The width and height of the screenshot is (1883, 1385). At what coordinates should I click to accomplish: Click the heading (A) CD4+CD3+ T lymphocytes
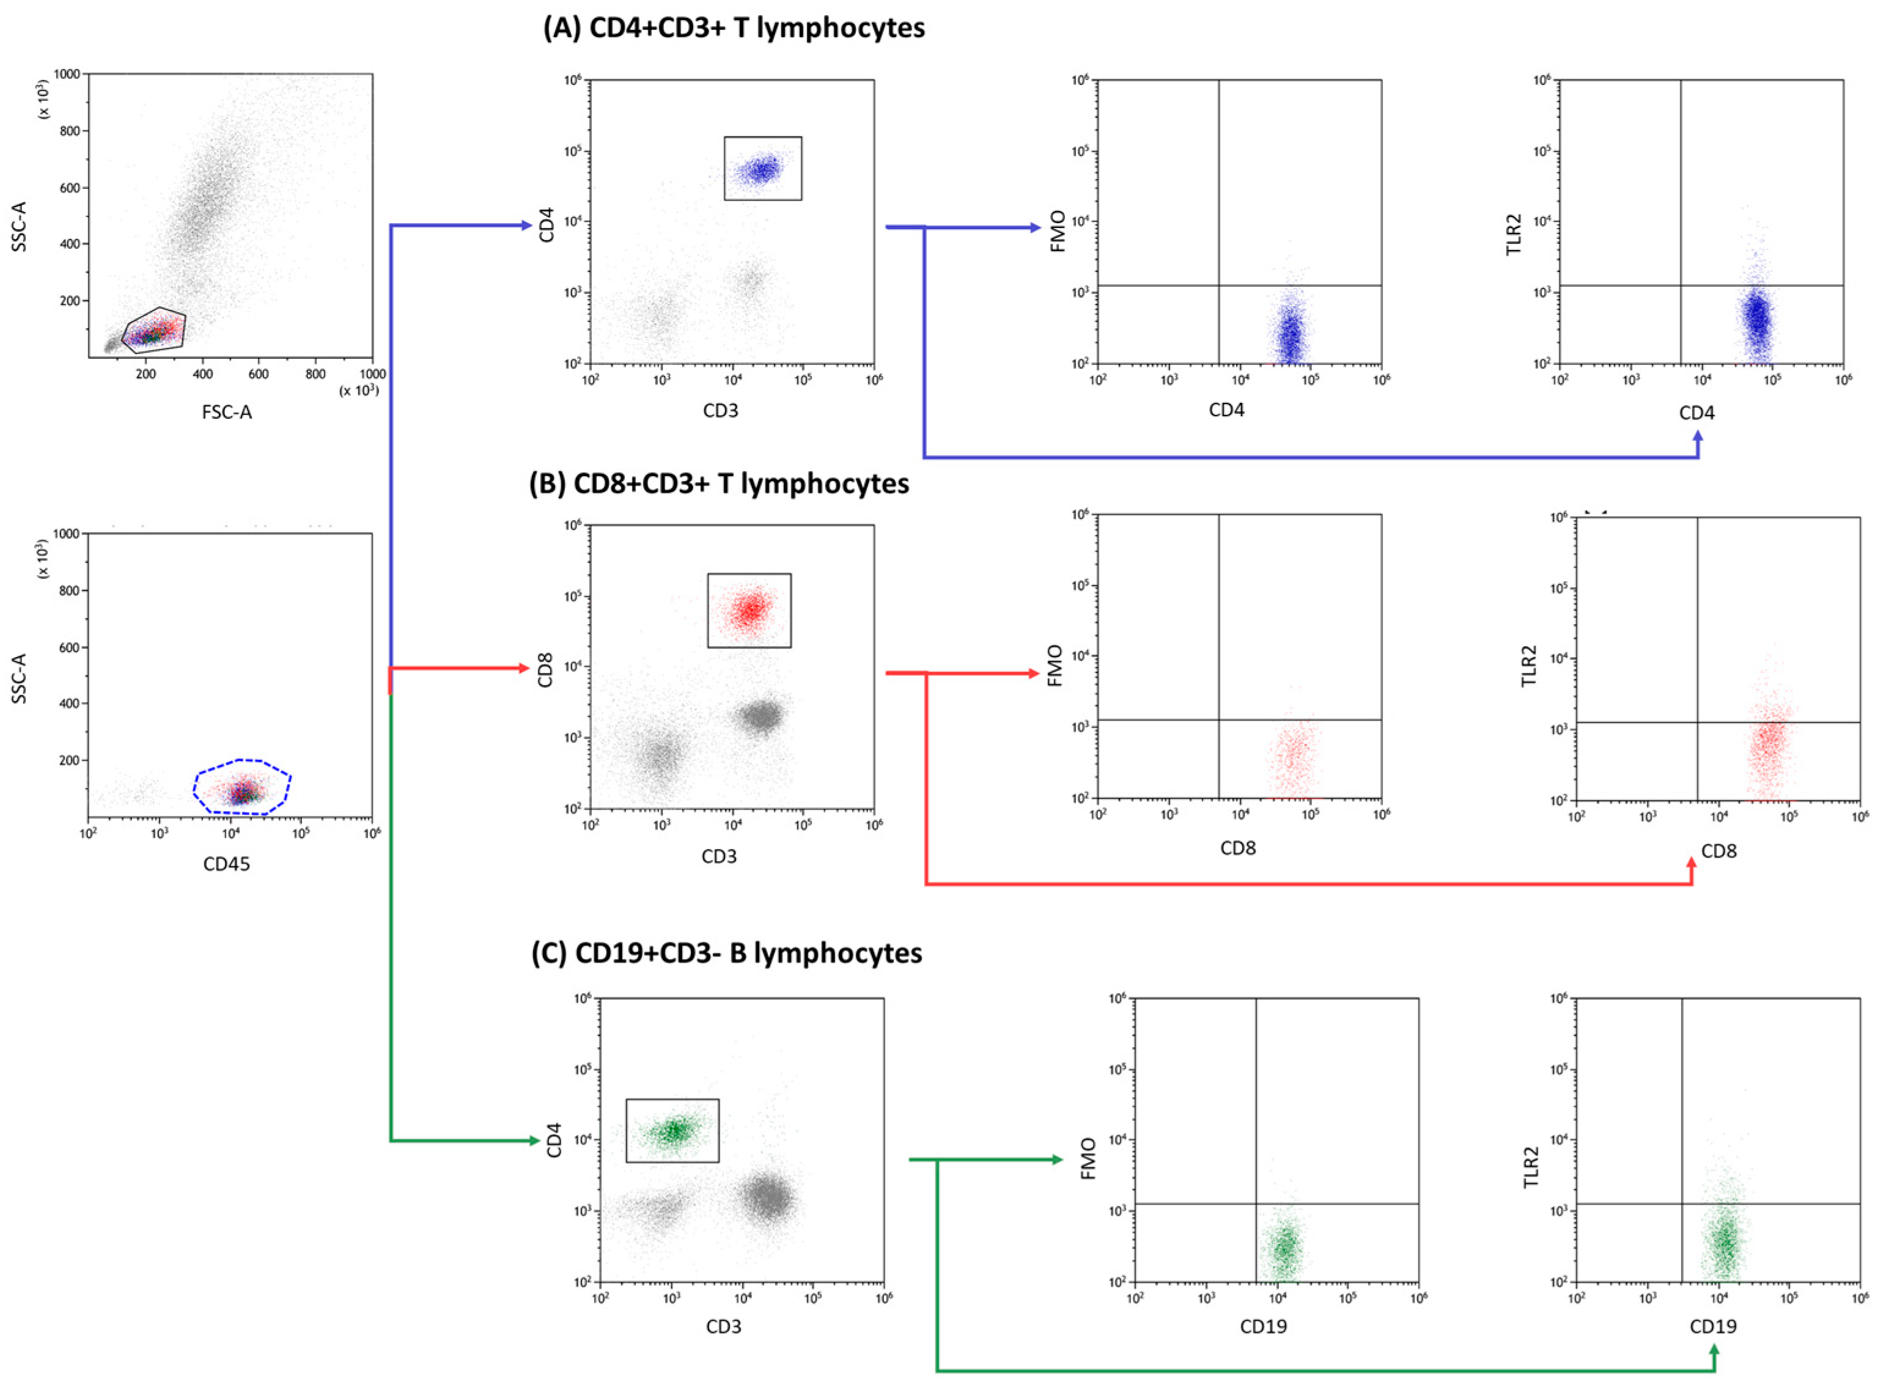point(734,28)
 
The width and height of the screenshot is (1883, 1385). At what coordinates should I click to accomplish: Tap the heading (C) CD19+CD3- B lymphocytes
point(726,953)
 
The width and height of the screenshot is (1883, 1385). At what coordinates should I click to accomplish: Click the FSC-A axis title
point(226,411)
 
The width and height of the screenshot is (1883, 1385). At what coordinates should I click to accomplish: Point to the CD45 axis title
point(226,864)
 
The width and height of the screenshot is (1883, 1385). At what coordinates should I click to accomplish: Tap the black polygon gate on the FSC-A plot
point(154,312)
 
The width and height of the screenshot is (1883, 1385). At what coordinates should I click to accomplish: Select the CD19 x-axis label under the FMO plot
point(1264,1326)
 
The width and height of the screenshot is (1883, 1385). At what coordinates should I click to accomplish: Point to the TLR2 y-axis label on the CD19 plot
point(1531,1166)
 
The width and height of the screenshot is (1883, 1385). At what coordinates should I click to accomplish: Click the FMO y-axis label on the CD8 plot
point(1056,666)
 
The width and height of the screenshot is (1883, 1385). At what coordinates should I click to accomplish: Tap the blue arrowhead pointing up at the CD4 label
point(1698,438)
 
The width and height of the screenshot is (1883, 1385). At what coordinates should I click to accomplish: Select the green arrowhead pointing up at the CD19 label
point(1714,1351)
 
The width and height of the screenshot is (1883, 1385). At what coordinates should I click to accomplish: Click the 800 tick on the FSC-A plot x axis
point(315,374)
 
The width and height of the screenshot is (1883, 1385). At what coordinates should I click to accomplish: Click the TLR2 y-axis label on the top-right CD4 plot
point(1513,235)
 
